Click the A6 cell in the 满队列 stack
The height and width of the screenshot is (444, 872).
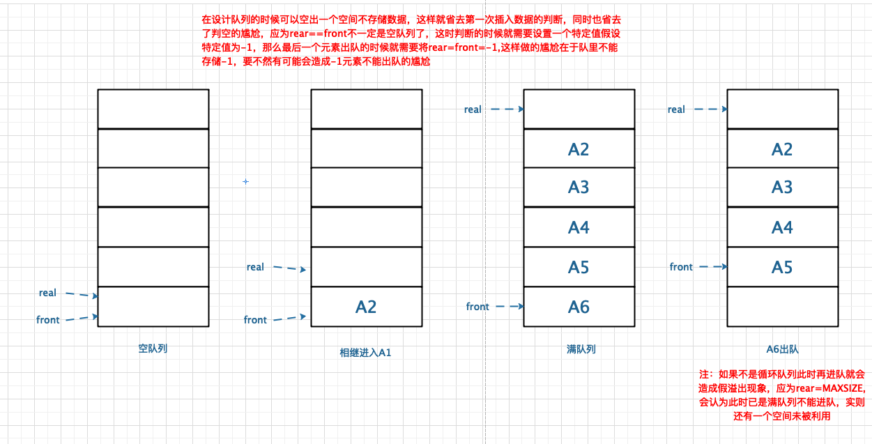tap(579, 307)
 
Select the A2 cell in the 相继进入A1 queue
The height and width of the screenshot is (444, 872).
tap(366, 307)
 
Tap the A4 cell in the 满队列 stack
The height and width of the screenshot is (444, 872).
tap(579, 227)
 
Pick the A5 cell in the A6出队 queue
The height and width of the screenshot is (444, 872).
tap(782, 267)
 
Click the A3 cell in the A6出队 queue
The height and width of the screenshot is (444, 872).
tap(782, 187)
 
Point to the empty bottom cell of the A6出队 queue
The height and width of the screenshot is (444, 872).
tap(782, 307)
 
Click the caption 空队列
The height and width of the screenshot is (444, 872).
tap(153, 348)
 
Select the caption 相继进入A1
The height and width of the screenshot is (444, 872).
tap(365, 352)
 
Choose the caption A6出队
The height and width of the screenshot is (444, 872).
tap(782, 349)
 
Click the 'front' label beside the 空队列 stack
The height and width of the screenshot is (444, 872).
tap(48, 320)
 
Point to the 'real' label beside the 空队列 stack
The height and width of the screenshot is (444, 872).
tap(47, 293)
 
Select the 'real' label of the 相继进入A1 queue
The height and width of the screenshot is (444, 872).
tap(255, 267)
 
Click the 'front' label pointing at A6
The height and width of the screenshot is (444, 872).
tap(477, 307)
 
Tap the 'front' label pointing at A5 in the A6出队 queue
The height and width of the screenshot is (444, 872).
tap(681, 267)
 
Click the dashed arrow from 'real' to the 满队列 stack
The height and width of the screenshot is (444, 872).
tap(507, 109)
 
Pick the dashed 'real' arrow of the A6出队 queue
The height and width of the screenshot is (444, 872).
tap(710, 109)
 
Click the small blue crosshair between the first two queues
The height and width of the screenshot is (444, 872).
tap(245, 182)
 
